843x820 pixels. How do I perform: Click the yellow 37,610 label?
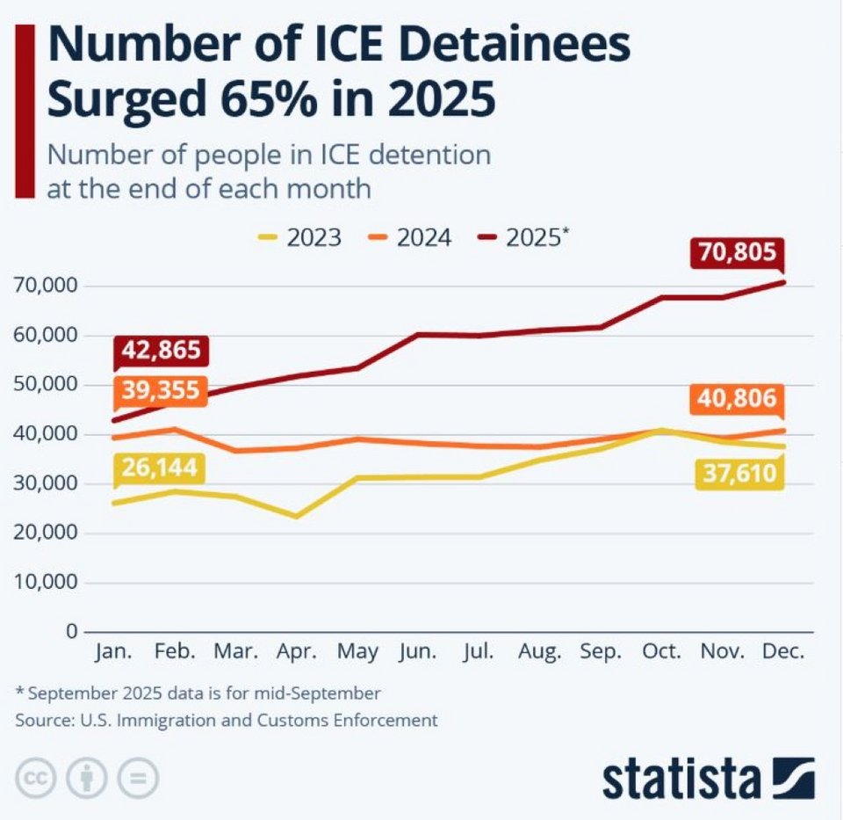coord(738,474)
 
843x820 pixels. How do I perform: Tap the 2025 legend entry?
coord(523,237)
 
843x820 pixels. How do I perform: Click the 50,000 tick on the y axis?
coord(46,385)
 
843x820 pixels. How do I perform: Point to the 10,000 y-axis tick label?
coord(46,583)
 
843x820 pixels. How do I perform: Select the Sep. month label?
coord(601,653)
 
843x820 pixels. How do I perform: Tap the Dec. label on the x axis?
coord(782,653)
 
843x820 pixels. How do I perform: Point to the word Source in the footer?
coord(44,720)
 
